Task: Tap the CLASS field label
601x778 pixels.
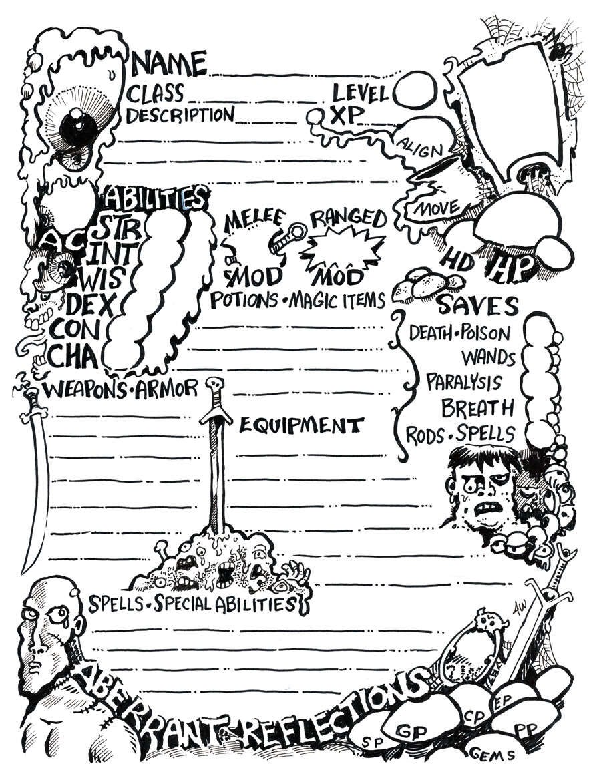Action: point(157,93)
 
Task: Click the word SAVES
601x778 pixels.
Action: point(477,306)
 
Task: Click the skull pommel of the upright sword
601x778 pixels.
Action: point(214,385)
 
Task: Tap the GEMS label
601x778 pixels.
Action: point(493,754)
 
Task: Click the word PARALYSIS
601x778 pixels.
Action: point(463,383)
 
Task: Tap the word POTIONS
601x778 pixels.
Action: point(244,301)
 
